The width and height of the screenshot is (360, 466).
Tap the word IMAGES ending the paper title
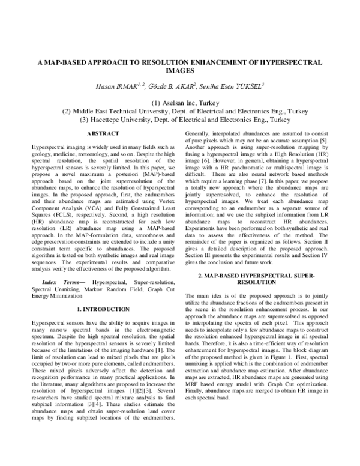click(x=180, y=70)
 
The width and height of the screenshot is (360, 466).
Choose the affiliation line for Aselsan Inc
click(x=179, y=103)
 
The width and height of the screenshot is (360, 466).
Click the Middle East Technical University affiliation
click(x=179, y=112)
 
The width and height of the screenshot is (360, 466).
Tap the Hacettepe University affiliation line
click(x=179, y=120)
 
